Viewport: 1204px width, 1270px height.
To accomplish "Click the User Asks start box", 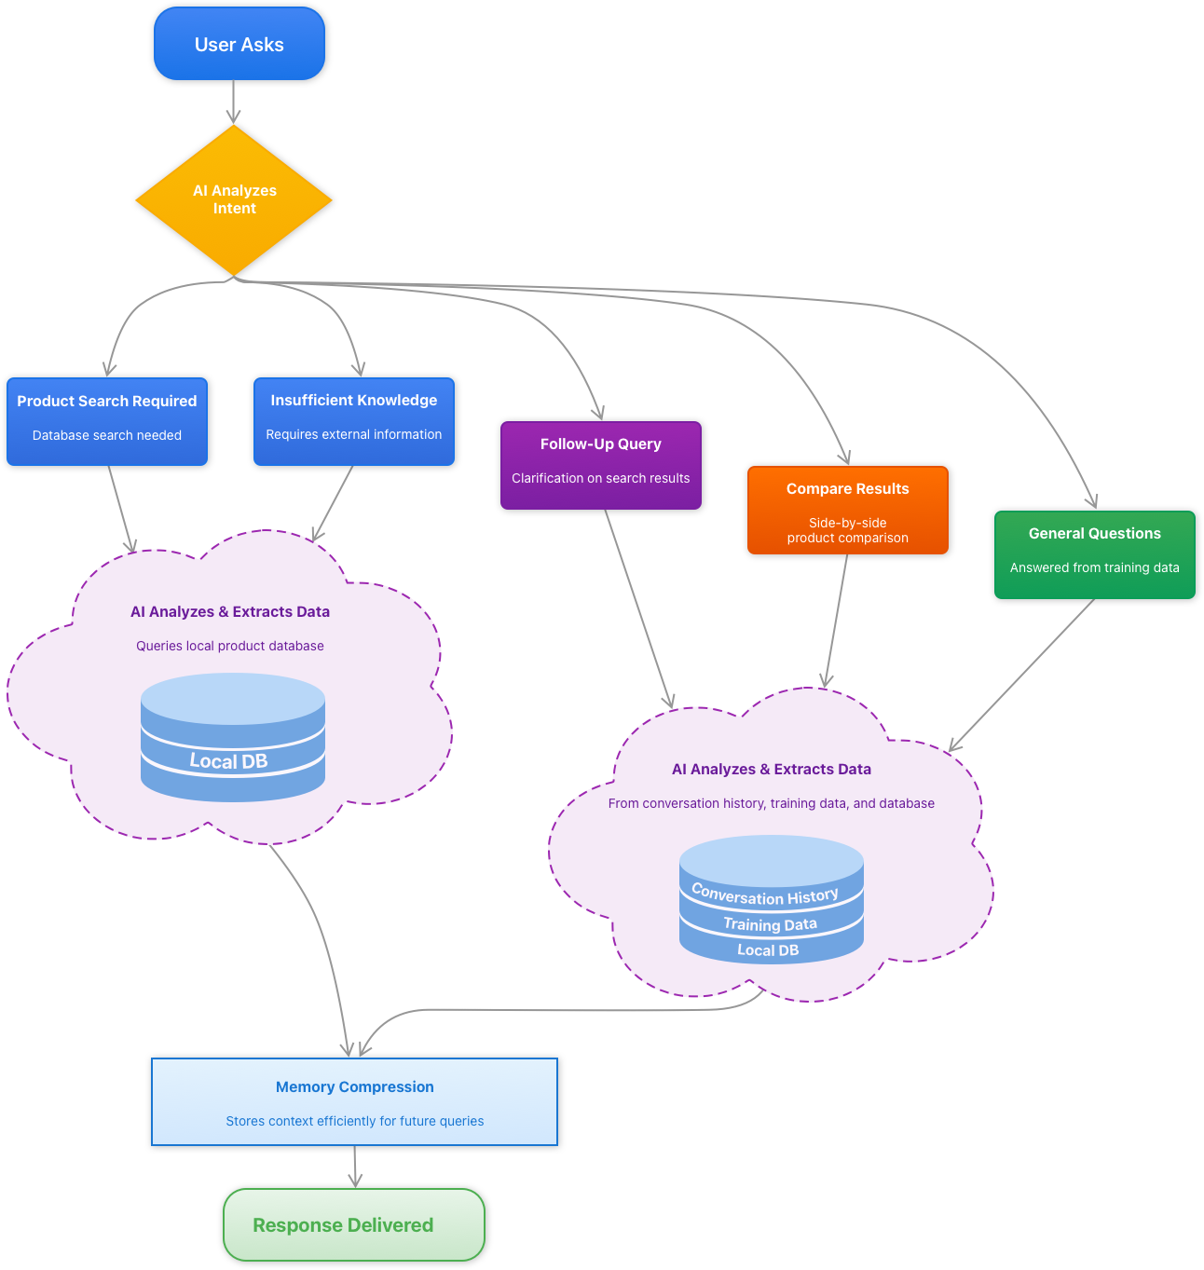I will [239, 44].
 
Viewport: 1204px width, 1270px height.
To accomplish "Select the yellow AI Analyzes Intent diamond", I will [234, 199].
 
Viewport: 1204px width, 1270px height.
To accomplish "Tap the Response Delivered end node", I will [353, 1224].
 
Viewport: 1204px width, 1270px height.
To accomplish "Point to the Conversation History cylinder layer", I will [765, 895].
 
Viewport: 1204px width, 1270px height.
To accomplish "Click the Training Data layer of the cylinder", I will [770, 924].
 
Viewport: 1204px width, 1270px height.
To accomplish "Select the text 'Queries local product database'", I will [230, 646].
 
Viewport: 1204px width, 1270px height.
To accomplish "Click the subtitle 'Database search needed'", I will [107, 435].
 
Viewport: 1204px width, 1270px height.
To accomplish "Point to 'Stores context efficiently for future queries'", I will [354, 1121].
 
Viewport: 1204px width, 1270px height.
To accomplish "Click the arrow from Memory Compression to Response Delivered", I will [355, 1166].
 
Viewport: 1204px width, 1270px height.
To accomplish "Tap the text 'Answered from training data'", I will [1094, 567].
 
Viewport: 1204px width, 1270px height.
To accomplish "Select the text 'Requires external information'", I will [354, 434].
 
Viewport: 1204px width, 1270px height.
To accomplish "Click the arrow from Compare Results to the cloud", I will [837, 621].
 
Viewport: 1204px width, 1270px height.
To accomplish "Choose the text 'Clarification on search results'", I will [601, 478].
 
